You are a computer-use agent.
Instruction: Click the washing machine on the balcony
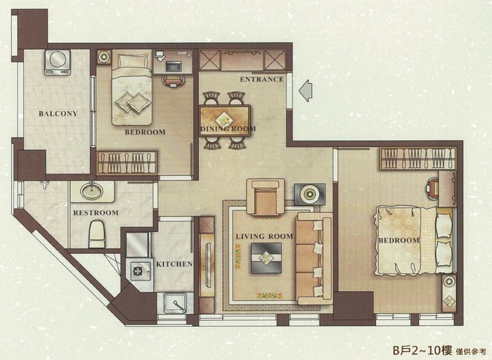[58, 63]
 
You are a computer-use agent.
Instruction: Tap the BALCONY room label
[58, 114]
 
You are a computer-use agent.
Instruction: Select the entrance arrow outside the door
[306, 91]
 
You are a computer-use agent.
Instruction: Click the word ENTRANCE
[261, 79]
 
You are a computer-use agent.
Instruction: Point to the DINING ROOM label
[228, 129]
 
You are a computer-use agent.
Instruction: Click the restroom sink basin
[91, 191]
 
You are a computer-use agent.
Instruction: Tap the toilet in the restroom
[96, 234]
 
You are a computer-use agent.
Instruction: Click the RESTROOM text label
[96, 213]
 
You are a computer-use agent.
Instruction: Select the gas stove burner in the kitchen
[138, 270]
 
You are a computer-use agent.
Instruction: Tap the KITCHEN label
[174, 264]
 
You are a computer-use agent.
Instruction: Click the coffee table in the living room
[266, 258]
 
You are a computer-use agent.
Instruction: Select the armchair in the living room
[266, 198]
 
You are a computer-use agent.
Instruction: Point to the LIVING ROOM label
[264, 236]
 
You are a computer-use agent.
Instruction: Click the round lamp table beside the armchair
[310, 195]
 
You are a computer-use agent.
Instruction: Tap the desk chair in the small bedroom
[173, 80]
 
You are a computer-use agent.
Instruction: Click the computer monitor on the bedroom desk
[173, 66]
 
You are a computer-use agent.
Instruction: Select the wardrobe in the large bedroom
[417, 159]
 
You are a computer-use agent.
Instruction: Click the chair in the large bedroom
[433, 189]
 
